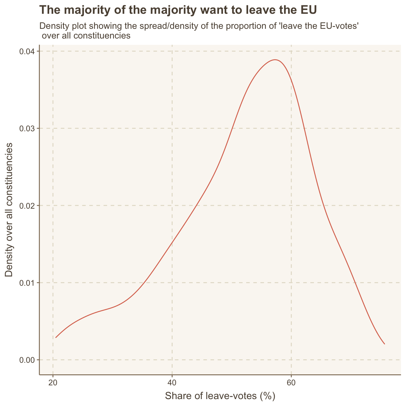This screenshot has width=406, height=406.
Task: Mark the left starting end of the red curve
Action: pos(56,338)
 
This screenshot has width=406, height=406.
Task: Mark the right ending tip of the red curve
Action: pos(384,344)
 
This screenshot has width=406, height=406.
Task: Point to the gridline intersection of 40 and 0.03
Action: pos(172,128)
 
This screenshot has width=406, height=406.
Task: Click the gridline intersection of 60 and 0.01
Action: pos(291,283)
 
